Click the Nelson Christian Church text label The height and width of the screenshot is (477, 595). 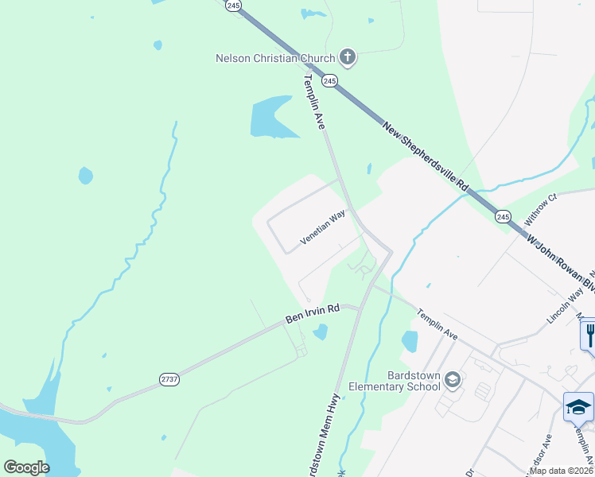click(x=275, y=58)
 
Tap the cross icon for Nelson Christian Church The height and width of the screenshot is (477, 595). click(x=347, y=56)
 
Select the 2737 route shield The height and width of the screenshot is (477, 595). click(x=169, y=380)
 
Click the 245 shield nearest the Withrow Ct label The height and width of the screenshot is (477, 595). click(x=503, y=216)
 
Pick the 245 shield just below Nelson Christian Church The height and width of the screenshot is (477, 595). click(x=330, y=81)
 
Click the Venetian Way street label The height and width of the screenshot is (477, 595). click(x=328, y=228)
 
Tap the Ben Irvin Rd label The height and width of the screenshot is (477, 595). click(x=313, y=313)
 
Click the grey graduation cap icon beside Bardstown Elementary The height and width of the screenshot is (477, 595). click(x=453, y=381)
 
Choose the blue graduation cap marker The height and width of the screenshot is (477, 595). click(x=578, y=407)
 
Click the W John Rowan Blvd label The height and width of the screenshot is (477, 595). click(x=562, y=262)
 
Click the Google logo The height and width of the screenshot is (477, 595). click(x=27, y=467)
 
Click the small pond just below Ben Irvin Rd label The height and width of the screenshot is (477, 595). click(x=320, y=332)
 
